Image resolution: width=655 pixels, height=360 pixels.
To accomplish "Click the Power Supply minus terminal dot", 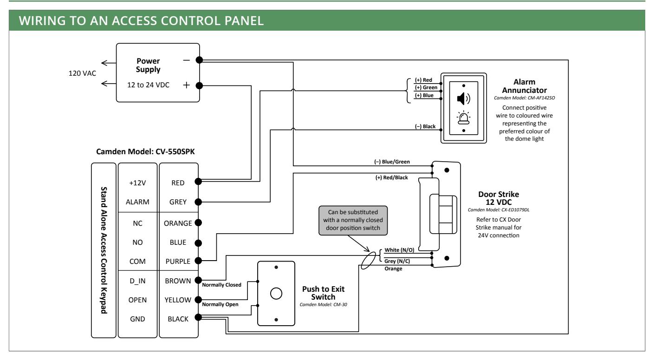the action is coord(199,60).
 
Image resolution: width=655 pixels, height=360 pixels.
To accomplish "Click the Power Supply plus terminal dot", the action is coord(199,85).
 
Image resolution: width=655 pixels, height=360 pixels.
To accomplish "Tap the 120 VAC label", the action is coord(82,73).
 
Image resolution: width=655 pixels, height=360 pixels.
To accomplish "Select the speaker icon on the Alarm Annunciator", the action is coord(463,98).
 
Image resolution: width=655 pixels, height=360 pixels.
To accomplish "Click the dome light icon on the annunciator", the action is coord(463,118).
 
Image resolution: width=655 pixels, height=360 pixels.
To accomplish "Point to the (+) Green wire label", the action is coord(426,87).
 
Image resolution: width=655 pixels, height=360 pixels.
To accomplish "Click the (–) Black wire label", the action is coord(425,126).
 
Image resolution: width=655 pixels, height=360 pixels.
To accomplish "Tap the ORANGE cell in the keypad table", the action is coord(178,223).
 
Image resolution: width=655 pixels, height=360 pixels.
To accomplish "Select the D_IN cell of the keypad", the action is coord(137,281).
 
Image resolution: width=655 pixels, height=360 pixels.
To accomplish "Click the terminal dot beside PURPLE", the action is coord(198,261).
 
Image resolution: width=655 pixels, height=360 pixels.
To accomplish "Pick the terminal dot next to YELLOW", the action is coord(198,300).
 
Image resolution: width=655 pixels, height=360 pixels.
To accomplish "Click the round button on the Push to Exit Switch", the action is coord(276,294).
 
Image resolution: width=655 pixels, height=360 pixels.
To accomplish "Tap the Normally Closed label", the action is coord(221,285).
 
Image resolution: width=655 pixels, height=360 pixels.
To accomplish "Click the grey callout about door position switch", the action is coord(353,220).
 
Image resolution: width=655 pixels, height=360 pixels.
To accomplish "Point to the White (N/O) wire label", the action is coord(399,250).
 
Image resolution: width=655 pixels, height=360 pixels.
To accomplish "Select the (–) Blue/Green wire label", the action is coord(392,162).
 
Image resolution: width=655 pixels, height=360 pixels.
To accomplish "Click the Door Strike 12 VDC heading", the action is coord(499,198).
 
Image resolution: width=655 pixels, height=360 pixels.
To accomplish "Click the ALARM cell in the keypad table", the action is coord(137,202).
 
